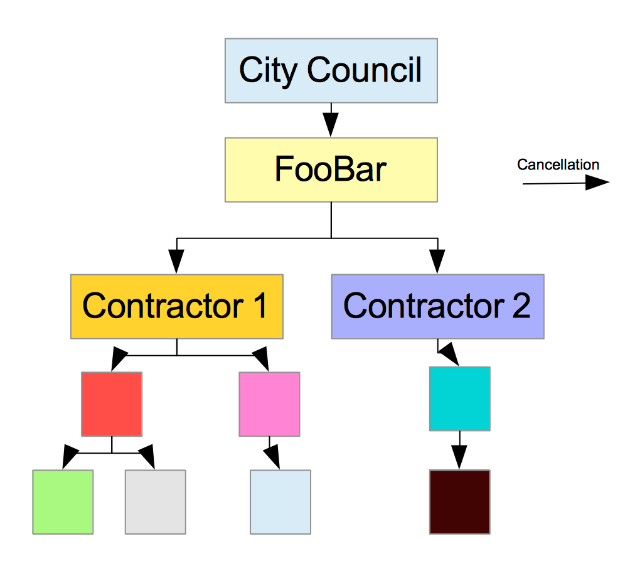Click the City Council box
pyautogui.click(x=331, y=71)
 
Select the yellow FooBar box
pyautogui.click(x=331, y=170)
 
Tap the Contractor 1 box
pyautogui.click(x=177, y=306)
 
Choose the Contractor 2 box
pyautogui.click(x=437, y=306)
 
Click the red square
pyautogui.click(x=112, y=404)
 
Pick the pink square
pyautogui.click(x=269, y=404)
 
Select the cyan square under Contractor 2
pyautogui.click(x=460, y=399)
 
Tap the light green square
pyautogui.click(x=63, y=502)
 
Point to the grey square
pyautogui.click(x=156, y=502)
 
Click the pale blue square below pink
pyautogui.click(x=280, y=502)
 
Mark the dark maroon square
pyautogui.click(x=460, y=502)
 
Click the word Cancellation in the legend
pyautogui.click(x=558, y=164)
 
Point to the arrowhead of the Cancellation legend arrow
pyautogui.click(x=597, y=183)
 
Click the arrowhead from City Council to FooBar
pyautogui.click(x=331, y=124)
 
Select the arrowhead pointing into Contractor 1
pyautogui.click(x=176, y=262)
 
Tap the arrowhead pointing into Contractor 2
pyautogui.click(x=437, y=262)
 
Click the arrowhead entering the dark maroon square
pyautogui.click(x=459, y=457)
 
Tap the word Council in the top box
pyautogui.click(x=365, y=70)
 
